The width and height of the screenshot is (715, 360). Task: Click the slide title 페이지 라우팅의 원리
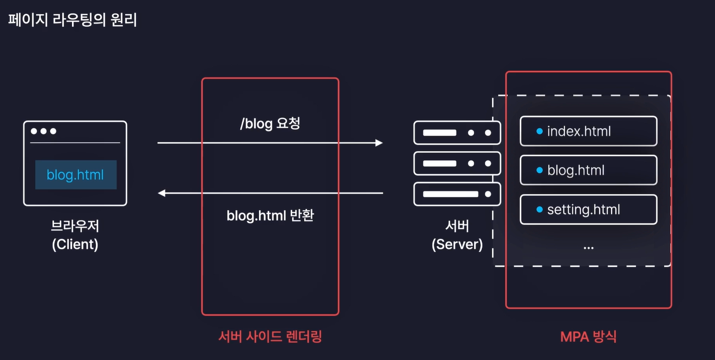pyautogui.click(x=73, y=21)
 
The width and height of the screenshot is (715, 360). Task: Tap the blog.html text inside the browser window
pyautogui.click(x=75, y=175)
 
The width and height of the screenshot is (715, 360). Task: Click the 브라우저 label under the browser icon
pyautogui.click(x=75, y=226)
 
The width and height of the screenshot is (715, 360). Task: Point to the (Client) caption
pyautogui.click(x=75, y=244)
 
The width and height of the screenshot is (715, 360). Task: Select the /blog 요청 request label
pyautogui.click(x=270, y=124)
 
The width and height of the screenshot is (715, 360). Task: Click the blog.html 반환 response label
pyautogui.click(x=270, y=215)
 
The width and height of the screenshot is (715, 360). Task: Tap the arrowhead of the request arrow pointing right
pyautogui.click(x=379, y=142)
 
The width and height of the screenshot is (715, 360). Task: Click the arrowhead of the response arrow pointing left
pyautogui.click(x=162, y=193)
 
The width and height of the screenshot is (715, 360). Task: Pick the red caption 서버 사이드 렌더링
pyautogui.click(x=270, y=337)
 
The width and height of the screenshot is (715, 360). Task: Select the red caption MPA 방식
pyautogui.click(x=588, y=337)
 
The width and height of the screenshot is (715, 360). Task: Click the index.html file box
pyautogui.click(x=588, y=131)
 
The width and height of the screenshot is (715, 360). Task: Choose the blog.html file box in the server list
pyautogui.click(x=588, y=170)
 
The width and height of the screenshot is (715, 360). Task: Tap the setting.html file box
pyautogui.click(x=588, y=210)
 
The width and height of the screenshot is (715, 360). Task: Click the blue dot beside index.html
pyautogui.click(x=540, y=131)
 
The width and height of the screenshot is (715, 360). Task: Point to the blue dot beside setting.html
pyautogui.click(x=540, y=210)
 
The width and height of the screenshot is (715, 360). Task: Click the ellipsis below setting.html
pyautogui.click(x=588, y=247)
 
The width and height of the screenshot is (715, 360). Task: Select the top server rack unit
pyautogui.click(x=457, y=133)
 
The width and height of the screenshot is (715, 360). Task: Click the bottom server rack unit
pyautogui.click(x=457, y=194)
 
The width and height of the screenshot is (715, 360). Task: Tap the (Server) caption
pyautogui.click(x=457, y=244)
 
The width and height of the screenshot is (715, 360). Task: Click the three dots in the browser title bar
pyautogui.click(x=43, y=131)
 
